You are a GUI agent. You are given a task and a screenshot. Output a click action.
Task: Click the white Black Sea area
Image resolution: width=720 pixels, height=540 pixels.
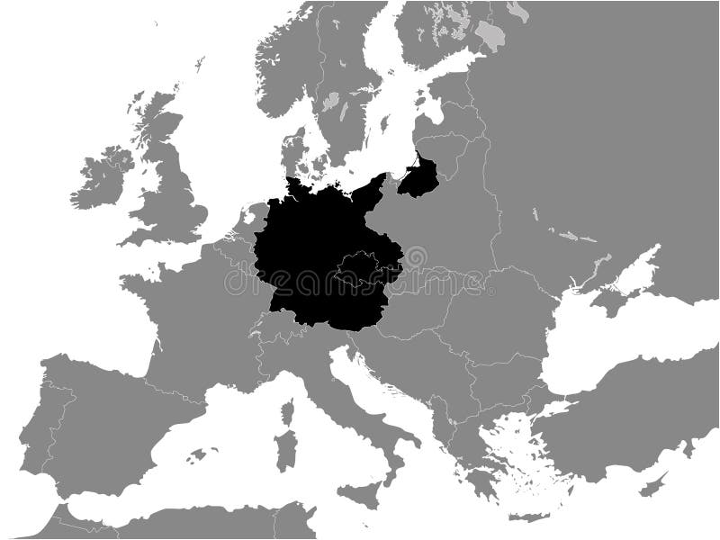pyautogui.click(x=594, y=351)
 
